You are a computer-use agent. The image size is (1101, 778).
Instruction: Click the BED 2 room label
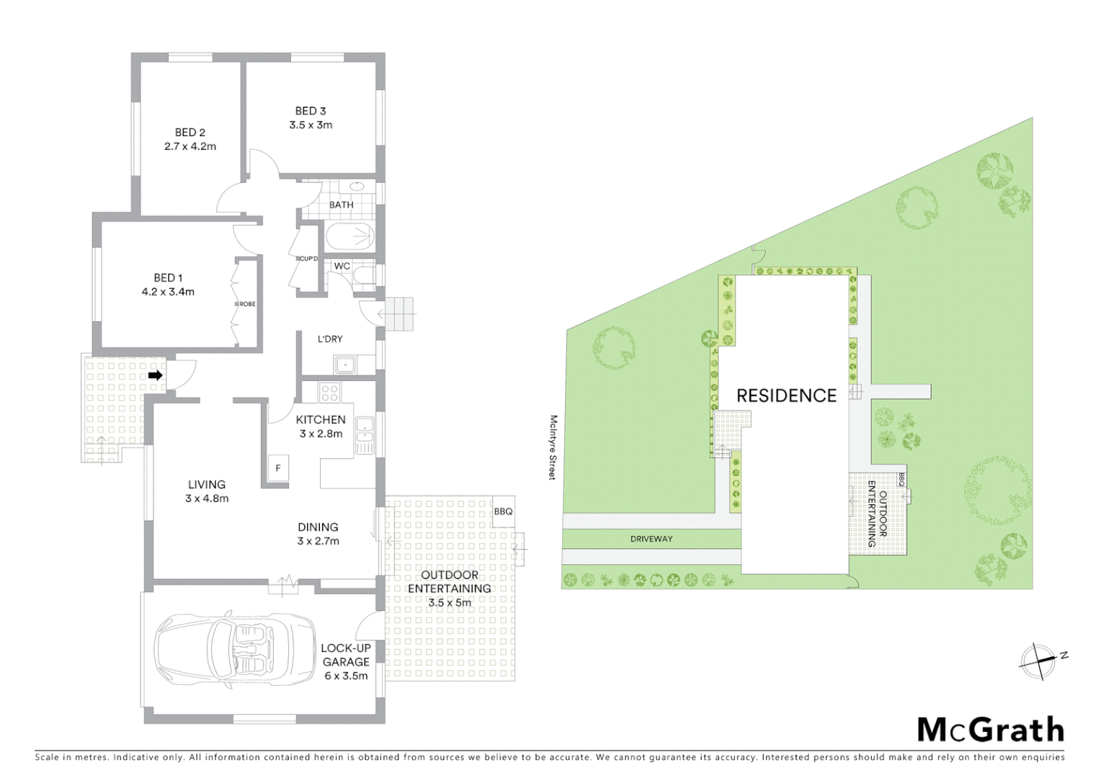point(190,133)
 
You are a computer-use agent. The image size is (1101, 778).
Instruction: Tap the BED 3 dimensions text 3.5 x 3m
point(311,125)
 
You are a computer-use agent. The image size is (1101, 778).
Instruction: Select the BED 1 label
point(168,278)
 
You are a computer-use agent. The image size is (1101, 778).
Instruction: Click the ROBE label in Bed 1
point(247,304)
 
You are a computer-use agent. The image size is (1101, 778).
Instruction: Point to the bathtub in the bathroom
point(349,236)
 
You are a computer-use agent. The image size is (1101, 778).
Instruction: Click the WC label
point(342,266)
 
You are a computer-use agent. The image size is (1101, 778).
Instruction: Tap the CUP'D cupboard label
point(308,258)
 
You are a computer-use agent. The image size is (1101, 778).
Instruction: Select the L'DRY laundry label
point(330,339)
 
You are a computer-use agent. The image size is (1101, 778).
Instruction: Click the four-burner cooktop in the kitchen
point(329,393)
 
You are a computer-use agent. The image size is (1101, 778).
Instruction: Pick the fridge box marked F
point(278,468)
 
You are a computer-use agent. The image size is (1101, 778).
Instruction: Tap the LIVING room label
point(207,485)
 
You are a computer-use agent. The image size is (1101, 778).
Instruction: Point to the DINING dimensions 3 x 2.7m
point(318,541)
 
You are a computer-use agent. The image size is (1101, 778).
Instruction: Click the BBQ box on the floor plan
point(503,511)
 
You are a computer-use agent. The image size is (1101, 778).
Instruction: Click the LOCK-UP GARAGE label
point(346,655)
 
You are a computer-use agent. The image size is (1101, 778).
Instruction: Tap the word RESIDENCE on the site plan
point(786,395)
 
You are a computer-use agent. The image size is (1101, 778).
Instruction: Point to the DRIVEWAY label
point(651,539)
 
